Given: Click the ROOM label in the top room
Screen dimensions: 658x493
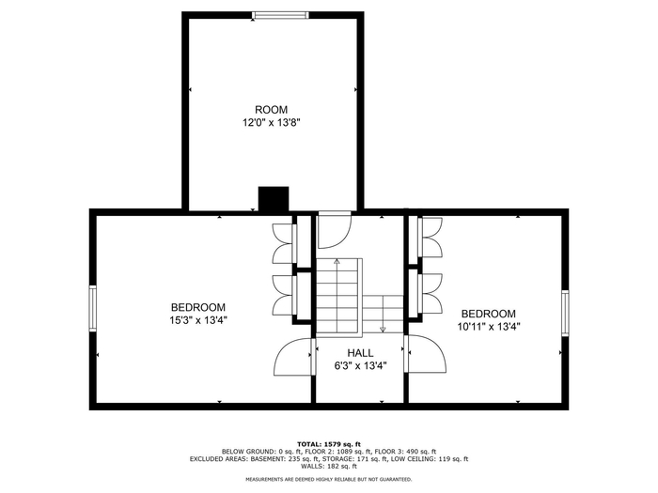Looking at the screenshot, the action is pyautogui.click(x=271, y=110).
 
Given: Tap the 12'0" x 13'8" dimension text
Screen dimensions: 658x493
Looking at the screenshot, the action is pyautogui.click(x=272, y=123).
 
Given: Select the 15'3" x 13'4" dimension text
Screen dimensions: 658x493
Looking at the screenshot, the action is pyautogui.click(x=198, y=321).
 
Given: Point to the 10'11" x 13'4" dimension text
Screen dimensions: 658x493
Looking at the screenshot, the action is pyautogui.click(x=489, y=327).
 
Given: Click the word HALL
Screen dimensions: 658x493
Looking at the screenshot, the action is pyautogui.click(x=360, y=353).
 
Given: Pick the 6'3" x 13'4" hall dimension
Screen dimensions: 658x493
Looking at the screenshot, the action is pyautogui.click(x=360, y=366).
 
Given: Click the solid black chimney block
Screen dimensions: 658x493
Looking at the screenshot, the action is pyautogui.click(x=274, y=199).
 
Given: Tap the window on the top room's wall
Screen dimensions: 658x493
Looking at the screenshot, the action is pyautogui.click(x=280, y=16).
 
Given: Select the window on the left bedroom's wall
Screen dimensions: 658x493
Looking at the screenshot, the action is pyautogui.click(x=93, y=309).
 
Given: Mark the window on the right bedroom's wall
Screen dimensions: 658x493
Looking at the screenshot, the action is pyautogui.click(x=565, y=313).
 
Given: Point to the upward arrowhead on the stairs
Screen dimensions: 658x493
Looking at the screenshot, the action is pyautogui.click(x=337, y=261).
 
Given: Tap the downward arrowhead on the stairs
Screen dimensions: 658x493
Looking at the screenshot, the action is pyautogui.click(x=383, y=330).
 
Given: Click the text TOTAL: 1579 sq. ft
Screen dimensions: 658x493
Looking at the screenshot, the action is pyautogui.click(x=329, y=444).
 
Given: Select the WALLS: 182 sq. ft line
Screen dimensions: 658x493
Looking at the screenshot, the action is pyautogui.click(x=329, y=466).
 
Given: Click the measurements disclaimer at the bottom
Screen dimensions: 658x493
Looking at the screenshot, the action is pyautogui.click(x=329, y=479).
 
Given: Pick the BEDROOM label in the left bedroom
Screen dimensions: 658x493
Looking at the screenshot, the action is pyautogui.click(x=198, y=307).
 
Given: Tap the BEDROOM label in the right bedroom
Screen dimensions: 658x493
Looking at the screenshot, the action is pyautogui.click(x=489, y=314).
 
